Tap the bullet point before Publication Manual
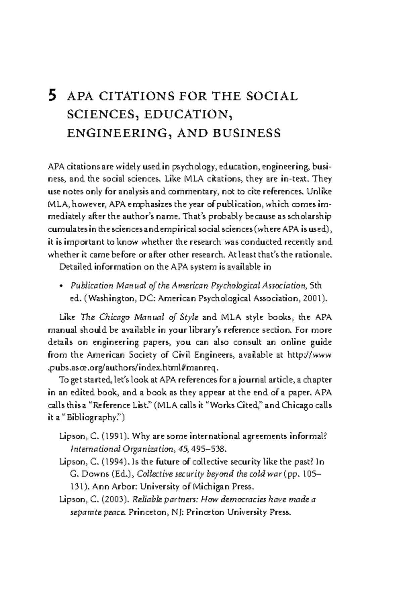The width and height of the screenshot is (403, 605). [x=61, y=286]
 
